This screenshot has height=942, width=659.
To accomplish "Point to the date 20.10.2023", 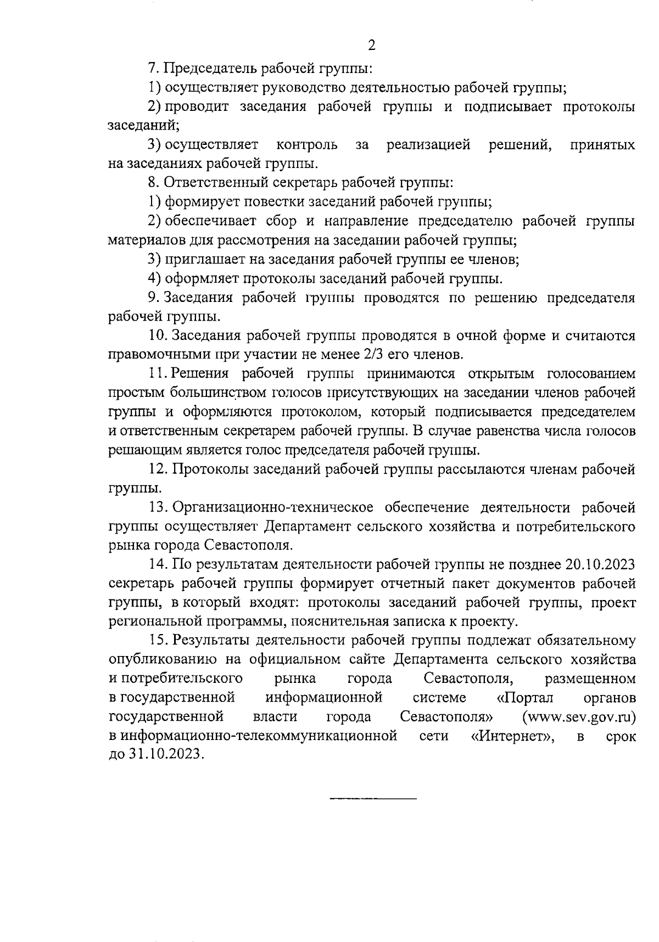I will pyautogui.click(x=600, y=564).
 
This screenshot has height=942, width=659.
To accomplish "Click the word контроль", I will pyautogui.click(x=307, y=145).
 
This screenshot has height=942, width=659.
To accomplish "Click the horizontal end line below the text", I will pyautogui.click(x=373, y=797).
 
